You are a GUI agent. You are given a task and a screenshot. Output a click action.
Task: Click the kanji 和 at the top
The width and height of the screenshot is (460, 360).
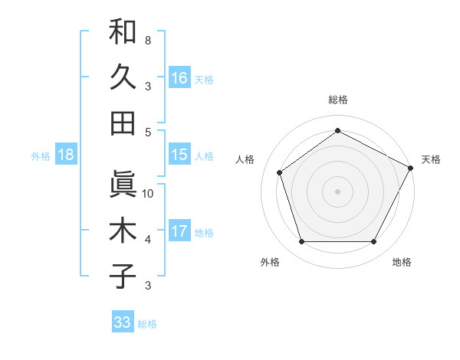[123, 31]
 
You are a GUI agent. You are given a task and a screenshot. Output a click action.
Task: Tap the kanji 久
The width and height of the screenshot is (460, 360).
[123, 77]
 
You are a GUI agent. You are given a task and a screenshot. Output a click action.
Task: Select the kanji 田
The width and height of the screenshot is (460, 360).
[123, 123]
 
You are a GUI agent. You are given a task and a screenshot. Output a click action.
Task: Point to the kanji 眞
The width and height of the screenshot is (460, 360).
[123, 184]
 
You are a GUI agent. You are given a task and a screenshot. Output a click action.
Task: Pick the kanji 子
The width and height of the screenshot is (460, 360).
[123, 276]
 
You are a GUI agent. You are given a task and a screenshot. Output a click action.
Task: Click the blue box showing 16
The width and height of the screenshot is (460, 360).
[179, 78]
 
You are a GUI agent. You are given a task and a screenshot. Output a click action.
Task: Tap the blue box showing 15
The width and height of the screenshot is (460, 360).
[179, 155]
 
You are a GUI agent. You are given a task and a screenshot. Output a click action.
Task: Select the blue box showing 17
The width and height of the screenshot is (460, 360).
[179, 231]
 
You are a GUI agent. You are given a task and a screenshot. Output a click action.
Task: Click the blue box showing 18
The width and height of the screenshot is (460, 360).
[66, 155]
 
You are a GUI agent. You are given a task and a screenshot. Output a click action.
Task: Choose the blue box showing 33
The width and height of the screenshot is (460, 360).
[123, 322]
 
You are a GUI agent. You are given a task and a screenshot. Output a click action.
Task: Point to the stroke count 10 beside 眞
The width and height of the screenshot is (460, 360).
[148, 193]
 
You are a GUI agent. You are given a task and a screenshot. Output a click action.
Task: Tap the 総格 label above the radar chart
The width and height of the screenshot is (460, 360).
[337, 100]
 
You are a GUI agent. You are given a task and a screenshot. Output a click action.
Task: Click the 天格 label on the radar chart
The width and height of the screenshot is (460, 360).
[431, 159]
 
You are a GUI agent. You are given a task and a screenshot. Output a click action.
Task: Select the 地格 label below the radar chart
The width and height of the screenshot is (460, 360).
[402, 262]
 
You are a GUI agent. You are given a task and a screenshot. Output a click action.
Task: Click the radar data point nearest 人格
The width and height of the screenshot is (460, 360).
[280, 172]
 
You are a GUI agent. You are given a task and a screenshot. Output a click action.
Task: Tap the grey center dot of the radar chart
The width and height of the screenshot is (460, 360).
[337, 191]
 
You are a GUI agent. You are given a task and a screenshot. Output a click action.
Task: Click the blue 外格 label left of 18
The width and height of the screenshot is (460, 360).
[41, 155]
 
